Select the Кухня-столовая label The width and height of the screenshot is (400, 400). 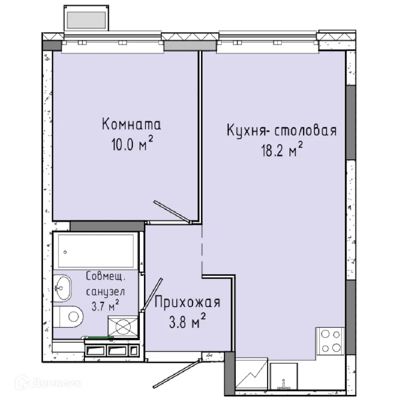[282, 131]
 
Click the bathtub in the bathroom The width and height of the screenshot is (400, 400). [96, 251]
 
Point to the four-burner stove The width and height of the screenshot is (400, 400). [330, 341]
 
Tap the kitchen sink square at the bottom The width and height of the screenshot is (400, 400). [284, 376]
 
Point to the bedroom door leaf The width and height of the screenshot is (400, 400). [172, 211]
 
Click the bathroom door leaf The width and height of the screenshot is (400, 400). [152, 294]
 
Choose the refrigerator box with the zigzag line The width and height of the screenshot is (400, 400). [251, 375]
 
